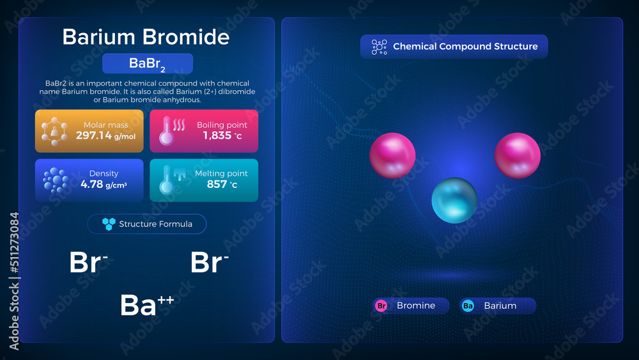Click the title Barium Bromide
point(146,37)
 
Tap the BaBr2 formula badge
point(148,64)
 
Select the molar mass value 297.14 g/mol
point(105,136)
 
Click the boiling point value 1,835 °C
point(220,136)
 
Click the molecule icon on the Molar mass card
point(54,131)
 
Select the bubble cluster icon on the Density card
point(56,180)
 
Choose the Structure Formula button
point(147,224)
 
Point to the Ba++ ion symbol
point(146,305)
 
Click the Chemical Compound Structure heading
point(454,47)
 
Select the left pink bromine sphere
point(392,156)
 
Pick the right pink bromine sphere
point(518,156)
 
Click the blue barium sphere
point(454,201)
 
